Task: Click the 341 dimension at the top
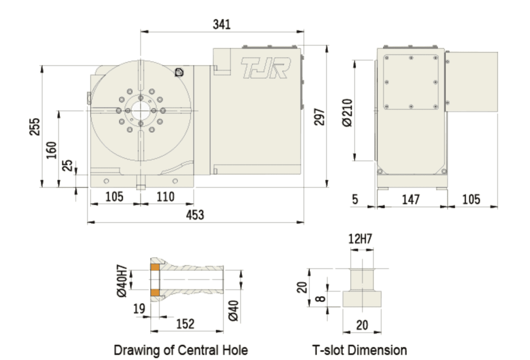221,24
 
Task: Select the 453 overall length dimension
195,215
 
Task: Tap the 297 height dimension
319,117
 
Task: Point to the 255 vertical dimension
34,127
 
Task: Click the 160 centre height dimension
51,150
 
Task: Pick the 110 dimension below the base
165,197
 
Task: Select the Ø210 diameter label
348,113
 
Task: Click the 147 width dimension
411,200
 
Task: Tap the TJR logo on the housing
266,68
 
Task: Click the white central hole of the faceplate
141,110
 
